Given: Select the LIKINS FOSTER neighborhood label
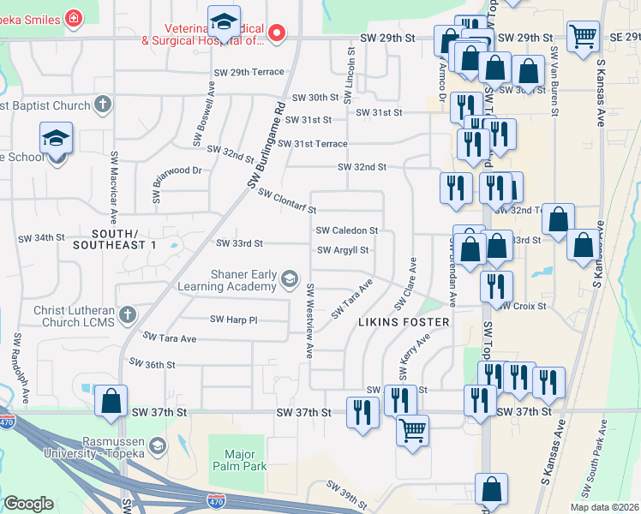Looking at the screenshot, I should pos(403,322).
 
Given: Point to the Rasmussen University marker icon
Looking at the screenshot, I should pos(157,445).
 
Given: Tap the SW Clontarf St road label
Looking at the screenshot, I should pos(288,202).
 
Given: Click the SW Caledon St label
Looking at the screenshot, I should pos(347,230).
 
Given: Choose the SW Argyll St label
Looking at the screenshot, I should pos(343,250).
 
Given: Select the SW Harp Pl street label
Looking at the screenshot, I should pos(234,320).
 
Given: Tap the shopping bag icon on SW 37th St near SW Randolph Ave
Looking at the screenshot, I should pos(111,401).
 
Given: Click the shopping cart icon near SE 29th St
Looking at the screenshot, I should pos(583,37).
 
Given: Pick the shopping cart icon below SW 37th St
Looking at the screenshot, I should pos(412,429).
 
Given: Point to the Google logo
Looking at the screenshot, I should pos(28,504).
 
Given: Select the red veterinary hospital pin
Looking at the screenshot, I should pos(276,34).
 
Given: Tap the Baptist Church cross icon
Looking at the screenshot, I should pos(103,105).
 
